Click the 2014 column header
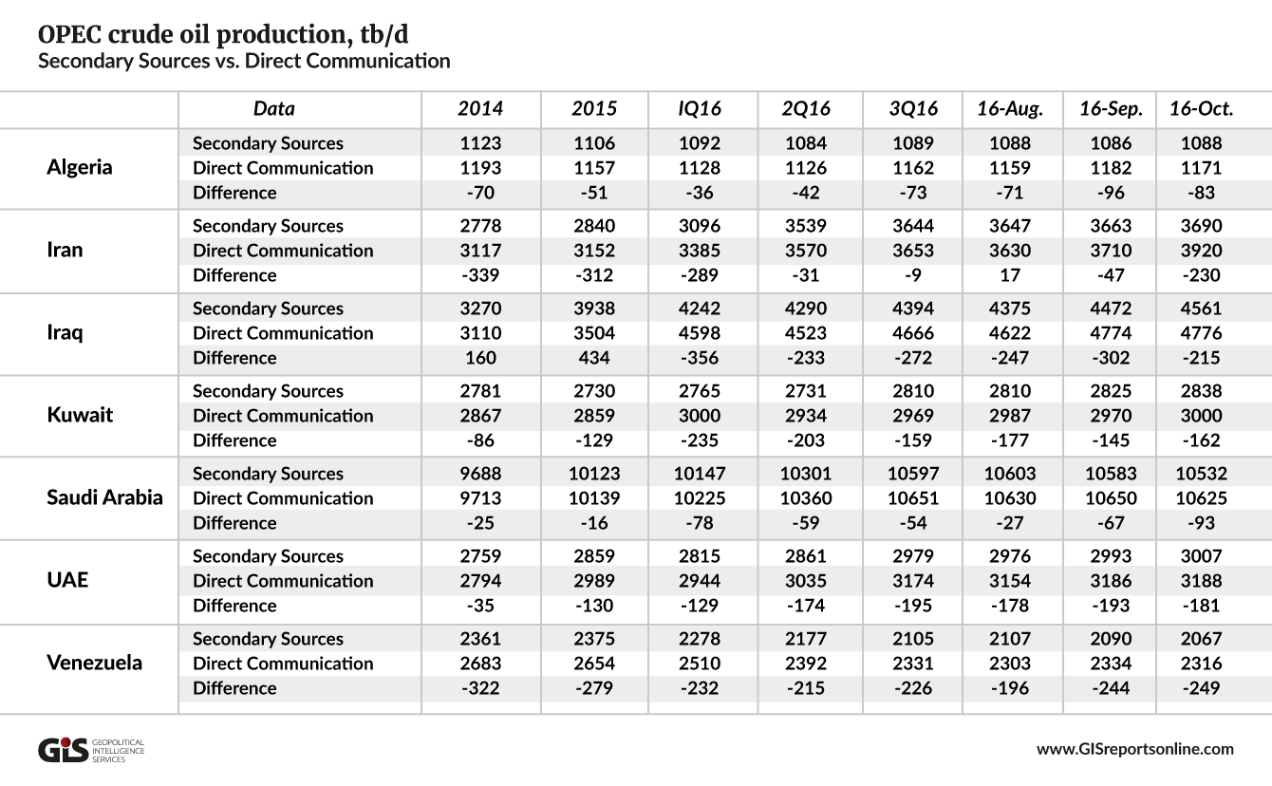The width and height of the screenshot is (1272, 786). pos(480,108)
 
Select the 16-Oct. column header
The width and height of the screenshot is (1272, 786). pos(1201,108)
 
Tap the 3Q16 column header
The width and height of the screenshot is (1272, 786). pos(913,108)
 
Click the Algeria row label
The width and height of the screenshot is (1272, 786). pos(80,167)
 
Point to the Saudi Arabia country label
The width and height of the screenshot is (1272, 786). pos(104,497)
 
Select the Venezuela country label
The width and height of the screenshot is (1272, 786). pos(94,663)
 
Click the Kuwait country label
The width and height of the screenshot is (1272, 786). pos(80,415)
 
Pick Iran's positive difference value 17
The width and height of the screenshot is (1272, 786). pos(1010,275)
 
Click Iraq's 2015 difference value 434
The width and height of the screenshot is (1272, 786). pos(594,358)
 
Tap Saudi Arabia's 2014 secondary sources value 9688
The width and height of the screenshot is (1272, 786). pos(480,474)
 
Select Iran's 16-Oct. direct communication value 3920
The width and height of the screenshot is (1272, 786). pos(1201,251)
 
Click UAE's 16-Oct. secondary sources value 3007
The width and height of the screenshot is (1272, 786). pos(1201,556)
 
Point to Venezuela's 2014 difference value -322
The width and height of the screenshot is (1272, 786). pos(480,688)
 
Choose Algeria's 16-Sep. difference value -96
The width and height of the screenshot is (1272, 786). pos(1111,193)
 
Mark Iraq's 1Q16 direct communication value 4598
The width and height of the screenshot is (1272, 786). pos(700,333)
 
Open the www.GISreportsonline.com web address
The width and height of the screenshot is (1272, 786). pos(1135,749)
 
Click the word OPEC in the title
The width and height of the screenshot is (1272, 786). pos(69,34)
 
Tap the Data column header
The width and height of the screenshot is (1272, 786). pos(273,108)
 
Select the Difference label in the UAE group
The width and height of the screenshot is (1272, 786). pos(234,606)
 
